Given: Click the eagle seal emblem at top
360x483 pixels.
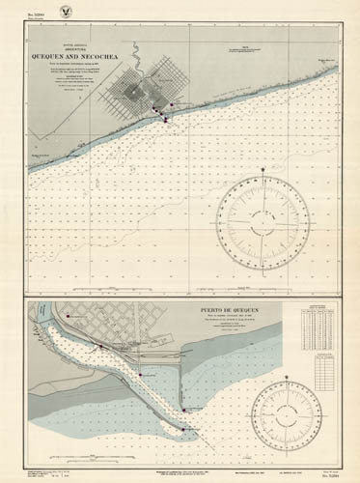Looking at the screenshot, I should pyautogui.click(x=180, y=12).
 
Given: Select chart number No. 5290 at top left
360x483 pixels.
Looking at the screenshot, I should pyautogui.click(x=38, y=17).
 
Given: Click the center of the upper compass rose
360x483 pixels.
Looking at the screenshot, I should pyautogui.click(x=263, y=223).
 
